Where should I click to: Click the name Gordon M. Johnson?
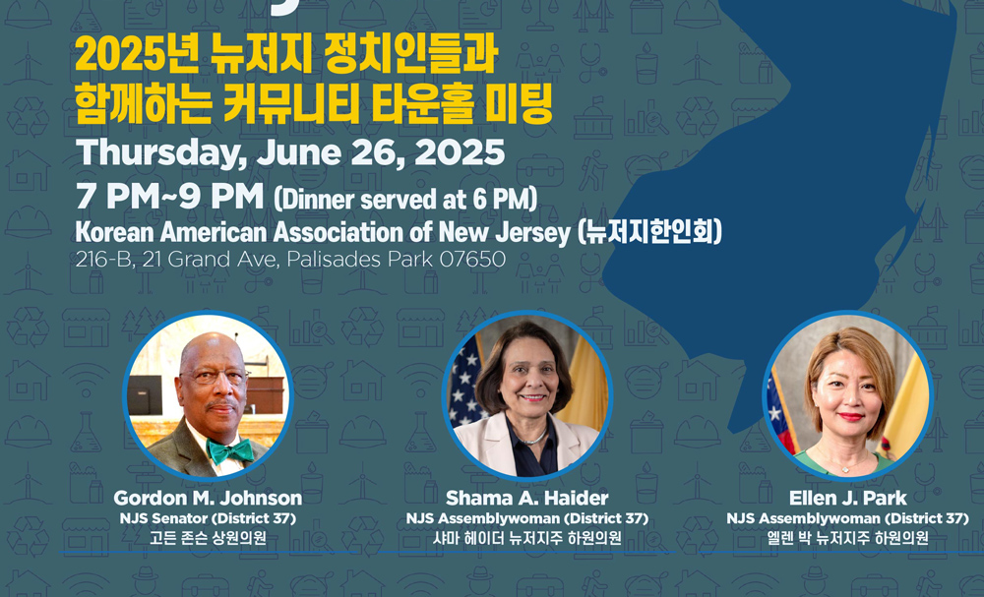pyautogui.click(x=208, y=499)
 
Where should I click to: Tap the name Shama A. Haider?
pyautogui.click(x=527, y=499)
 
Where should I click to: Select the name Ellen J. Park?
pyautogui.click(x=848, y=499)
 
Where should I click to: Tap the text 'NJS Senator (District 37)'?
pyautogui.click(x=208, y=518)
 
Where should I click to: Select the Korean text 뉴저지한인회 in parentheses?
pyautogui.click(x=649, y=232)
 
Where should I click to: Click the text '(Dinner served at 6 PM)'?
pyautogui.click(x=405, y=199)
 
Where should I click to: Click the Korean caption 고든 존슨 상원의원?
pyautogui.click(x=208, y=538)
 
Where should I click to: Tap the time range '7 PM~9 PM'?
pyautogui.click(x=169, y=198)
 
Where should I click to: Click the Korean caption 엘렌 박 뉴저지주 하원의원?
pyautogui.click(x=848, y=538)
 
